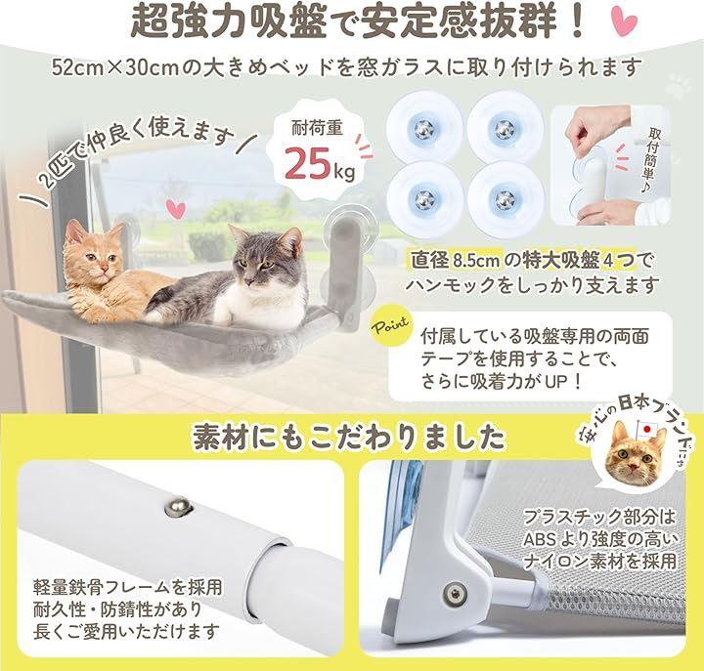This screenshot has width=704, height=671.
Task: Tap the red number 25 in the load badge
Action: [308, 163]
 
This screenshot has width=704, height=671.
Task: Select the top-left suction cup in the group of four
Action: [424, 130]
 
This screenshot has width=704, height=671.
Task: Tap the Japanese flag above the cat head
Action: [645, 429]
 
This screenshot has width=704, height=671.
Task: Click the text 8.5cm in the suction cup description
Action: [477, 261]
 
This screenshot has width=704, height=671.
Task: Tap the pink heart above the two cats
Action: [176, 209]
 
